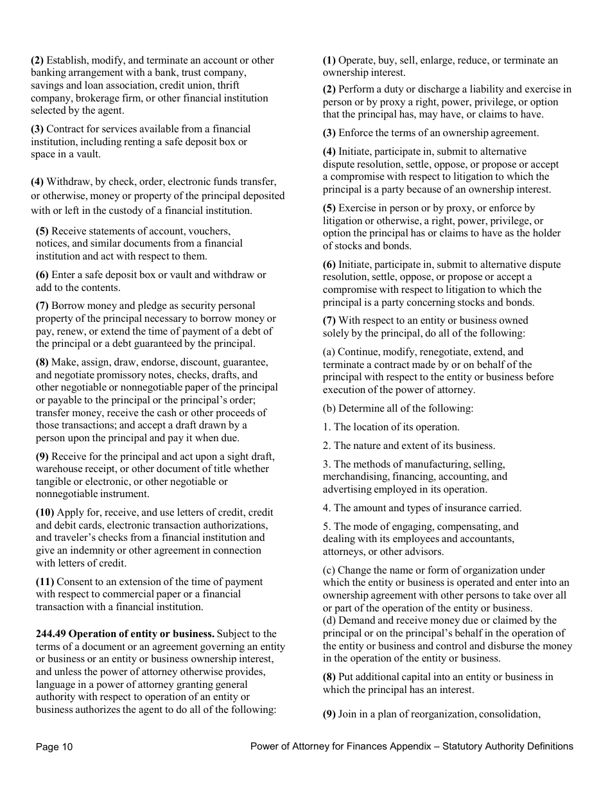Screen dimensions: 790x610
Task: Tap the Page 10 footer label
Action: point(55,746)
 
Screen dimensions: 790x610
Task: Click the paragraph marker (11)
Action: point(45,582)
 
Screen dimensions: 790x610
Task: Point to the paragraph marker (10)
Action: point(45,513)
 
